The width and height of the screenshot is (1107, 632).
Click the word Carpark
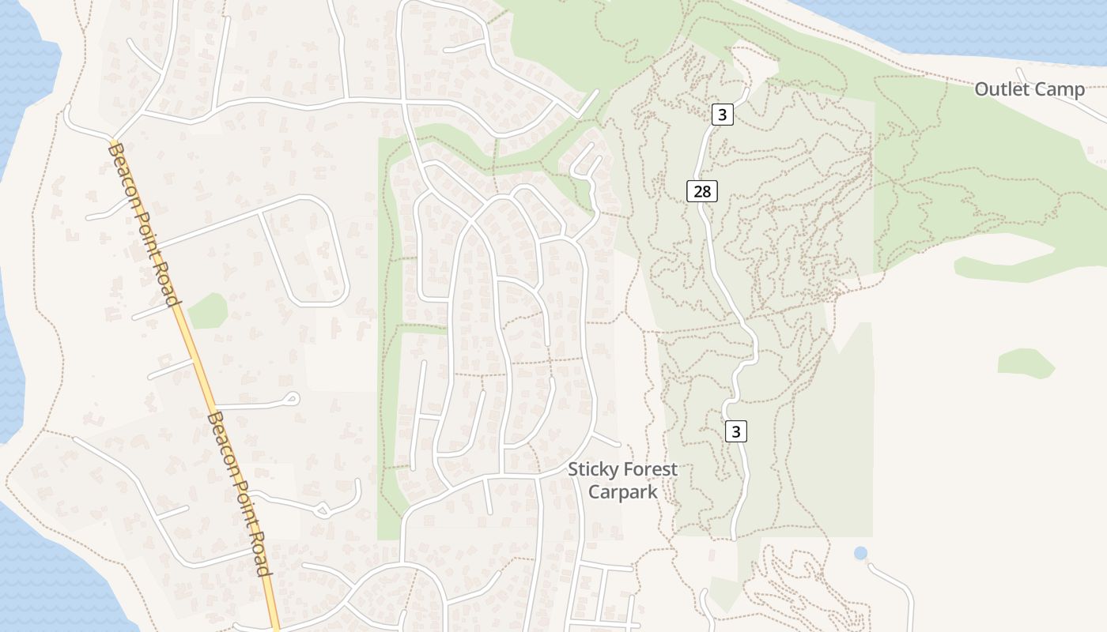pyautogui.click(x=622, y=491)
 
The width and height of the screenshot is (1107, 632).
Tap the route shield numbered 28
pyautogui.click(x=702, y=190)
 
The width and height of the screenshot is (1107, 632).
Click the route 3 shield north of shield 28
pyautogui.click(x=722, y=115)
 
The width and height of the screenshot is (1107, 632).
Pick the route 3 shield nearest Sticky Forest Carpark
pyautogui.click(x=736, y=431)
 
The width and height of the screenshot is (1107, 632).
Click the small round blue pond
pyautogui.click(x=860, y=553)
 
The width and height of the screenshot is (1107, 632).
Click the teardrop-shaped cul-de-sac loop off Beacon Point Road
pyautogui.click(x=292, y=399)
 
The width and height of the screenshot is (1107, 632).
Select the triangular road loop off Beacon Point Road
pyautogui.click(x=322, y=510)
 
